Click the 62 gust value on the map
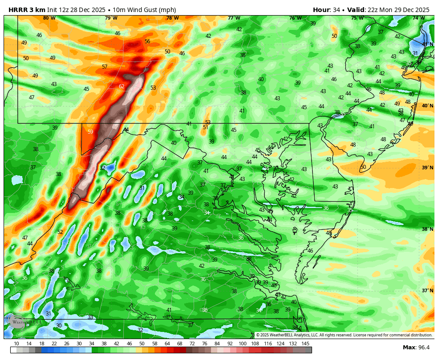tap(122, 86)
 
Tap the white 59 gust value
tap(90, 132)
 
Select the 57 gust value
tap(105, 67)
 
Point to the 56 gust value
tap(147, 41)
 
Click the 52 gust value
tap(60, 232)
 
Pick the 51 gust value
tap(205, 127)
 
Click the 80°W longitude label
tap(49, 18)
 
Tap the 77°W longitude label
tap(234, 18)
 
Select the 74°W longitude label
tap(418, 18)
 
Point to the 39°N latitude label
tap(427, 168)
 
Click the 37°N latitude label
tap(427, 290)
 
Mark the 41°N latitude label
tap(427, 44)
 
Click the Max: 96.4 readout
tap(416, 347)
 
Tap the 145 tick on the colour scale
tap(305, 344)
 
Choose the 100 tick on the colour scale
tap(243, 344)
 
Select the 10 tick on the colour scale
tap(16, 344)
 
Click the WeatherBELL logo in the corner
tap(22, 321)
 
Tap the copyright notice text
tap(344, 335)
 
